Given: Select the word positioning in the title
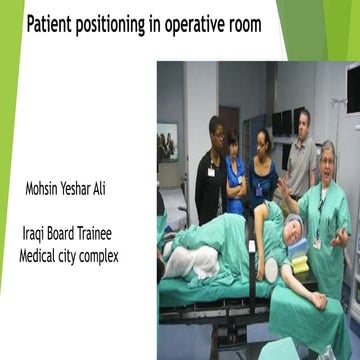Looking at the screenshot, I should click(x=119, y=23).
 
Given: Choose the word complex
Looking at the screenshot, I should click(x=100, y=256).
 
